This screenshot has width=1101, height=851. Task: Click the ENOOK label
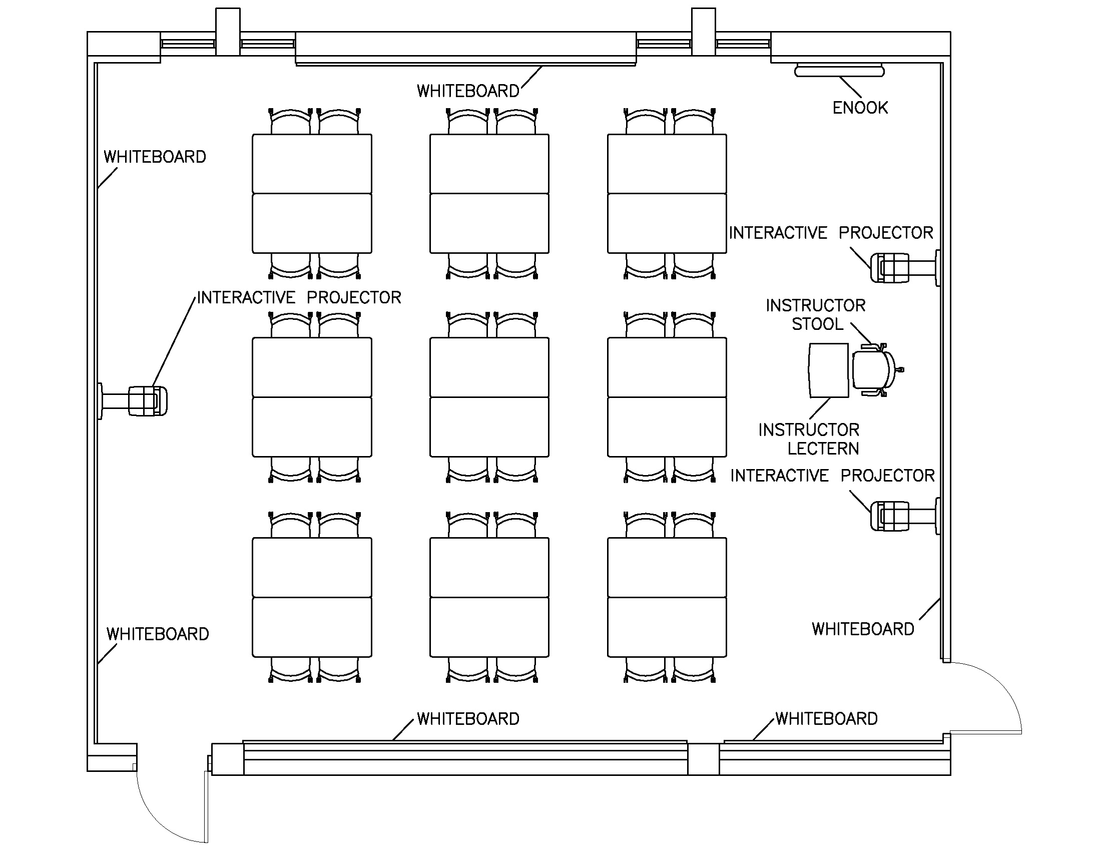click(859, 108)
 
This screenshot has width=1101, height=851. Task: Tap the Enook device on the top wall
click(839, 71)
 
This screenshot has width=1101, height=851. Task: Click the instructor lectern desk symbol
click(828, 370)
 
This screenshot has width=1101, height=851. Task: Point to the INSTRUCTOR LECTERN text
click(809, 439)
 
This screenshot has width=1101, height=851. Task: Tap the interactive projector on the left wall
click(146, 401)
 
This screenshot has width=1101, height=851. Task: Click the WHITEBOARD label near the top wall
click(468, 91)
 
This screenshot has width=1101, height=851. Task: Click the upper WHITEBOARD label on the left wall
click(155, 157)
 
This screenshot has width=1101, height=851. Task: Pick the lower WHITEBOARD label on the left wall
click(157, 634)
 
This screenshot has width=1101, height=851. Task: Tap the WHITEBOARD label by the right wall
click(863, 629)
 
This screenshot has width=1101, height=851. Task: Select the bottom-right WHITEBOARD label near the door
click(826, 718)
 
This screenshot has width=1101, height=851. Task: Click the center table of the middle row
click(489, 397)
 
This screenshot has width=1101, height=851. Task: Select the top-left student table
click(312, 194)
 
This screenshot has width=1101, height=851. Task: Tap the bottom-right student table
click(667, 597)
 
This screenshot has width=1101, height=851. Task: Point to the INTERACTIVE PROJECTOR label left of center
click(298, 297)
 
